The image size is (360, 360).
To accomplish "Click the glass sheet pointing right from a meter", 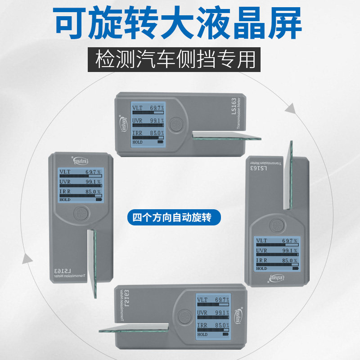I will [225, 136].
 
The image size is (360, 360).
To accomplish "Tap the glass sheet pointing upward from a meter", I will [288, 175].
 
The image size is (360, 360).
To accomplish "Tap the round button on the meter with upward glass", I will [277, 223].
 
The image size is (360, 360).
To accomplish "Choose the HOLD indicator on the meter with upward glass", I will [261, 268].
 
